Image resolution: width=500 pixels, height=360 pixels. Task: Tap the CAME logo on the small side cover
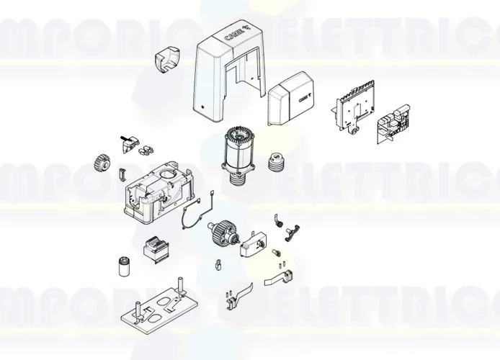(x=305, y=95)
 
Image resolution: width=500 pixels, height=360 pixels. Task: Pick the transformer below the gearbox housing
(x=154, y=248)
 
